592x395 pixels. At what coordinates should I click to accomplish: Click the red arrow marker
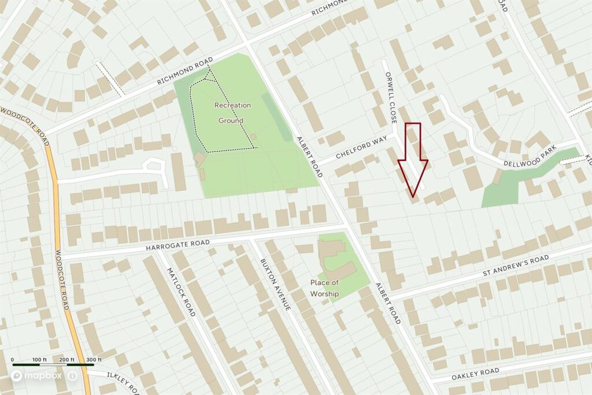(412, 159)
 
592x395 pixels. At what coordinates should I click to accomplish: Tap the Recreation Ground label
(232, 113)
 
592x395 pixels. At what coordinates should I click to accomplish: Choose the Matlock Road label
(180, 291)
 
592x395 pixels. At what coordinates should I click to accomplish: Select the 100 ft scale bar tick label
(40, 360)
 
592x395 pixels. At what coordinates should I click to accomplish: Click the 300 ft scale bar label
(94, 360)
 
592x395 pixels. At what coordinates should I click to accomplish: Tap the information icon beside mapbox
(73, 376)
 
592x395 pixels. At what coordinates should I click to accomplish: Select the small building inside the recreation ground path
(253, 136)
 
